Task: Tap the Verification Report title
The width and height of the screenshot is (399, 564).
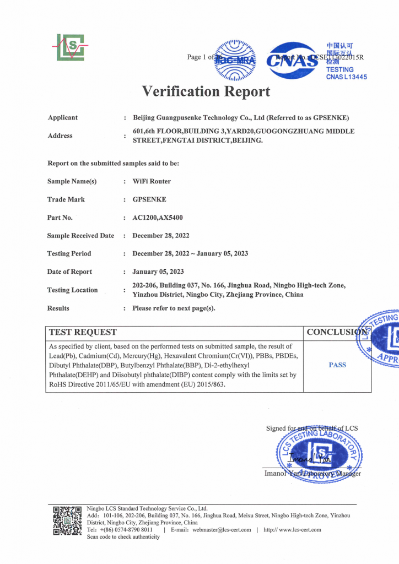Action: click(x=206, y=91)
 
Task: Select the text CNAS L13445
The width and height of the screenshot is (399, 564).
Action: click(x=346, y=77)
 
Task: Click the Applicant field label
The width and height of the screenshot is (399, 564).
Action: click(x=63, y=117)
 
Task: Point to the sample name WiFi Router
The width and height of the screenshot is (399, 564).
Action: click(x=152, y=181)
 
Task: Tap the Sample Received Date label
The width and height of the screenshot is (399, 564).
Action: click(x=81, y=236)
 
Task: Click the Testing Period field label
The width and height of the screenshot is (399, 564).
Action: click(x=69, y=253)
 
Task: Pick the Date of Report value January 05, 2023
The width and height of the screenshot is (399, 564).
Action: click(x=158, y=272)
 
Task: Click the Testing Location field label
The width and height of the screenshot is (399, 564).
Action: click(x=73, y=290)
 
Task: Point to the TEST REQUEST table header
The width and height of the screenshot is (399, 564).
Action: click(x=83, y=332)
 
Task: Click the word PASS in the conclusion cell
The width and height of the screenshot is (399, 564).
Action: click(x=337, y=365)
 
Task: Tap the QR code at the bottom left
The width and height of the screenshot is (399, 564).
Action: click(x=67, y=520)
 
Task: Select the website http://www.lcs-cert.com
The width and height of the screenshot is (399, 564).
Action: click(x=292, y=530)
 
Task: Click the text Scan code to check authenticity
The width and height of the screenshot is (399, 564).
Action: click(x=123, y=537)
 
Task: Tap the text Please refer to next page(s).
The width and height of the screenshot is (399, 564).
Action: click(x=174, y=308)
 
